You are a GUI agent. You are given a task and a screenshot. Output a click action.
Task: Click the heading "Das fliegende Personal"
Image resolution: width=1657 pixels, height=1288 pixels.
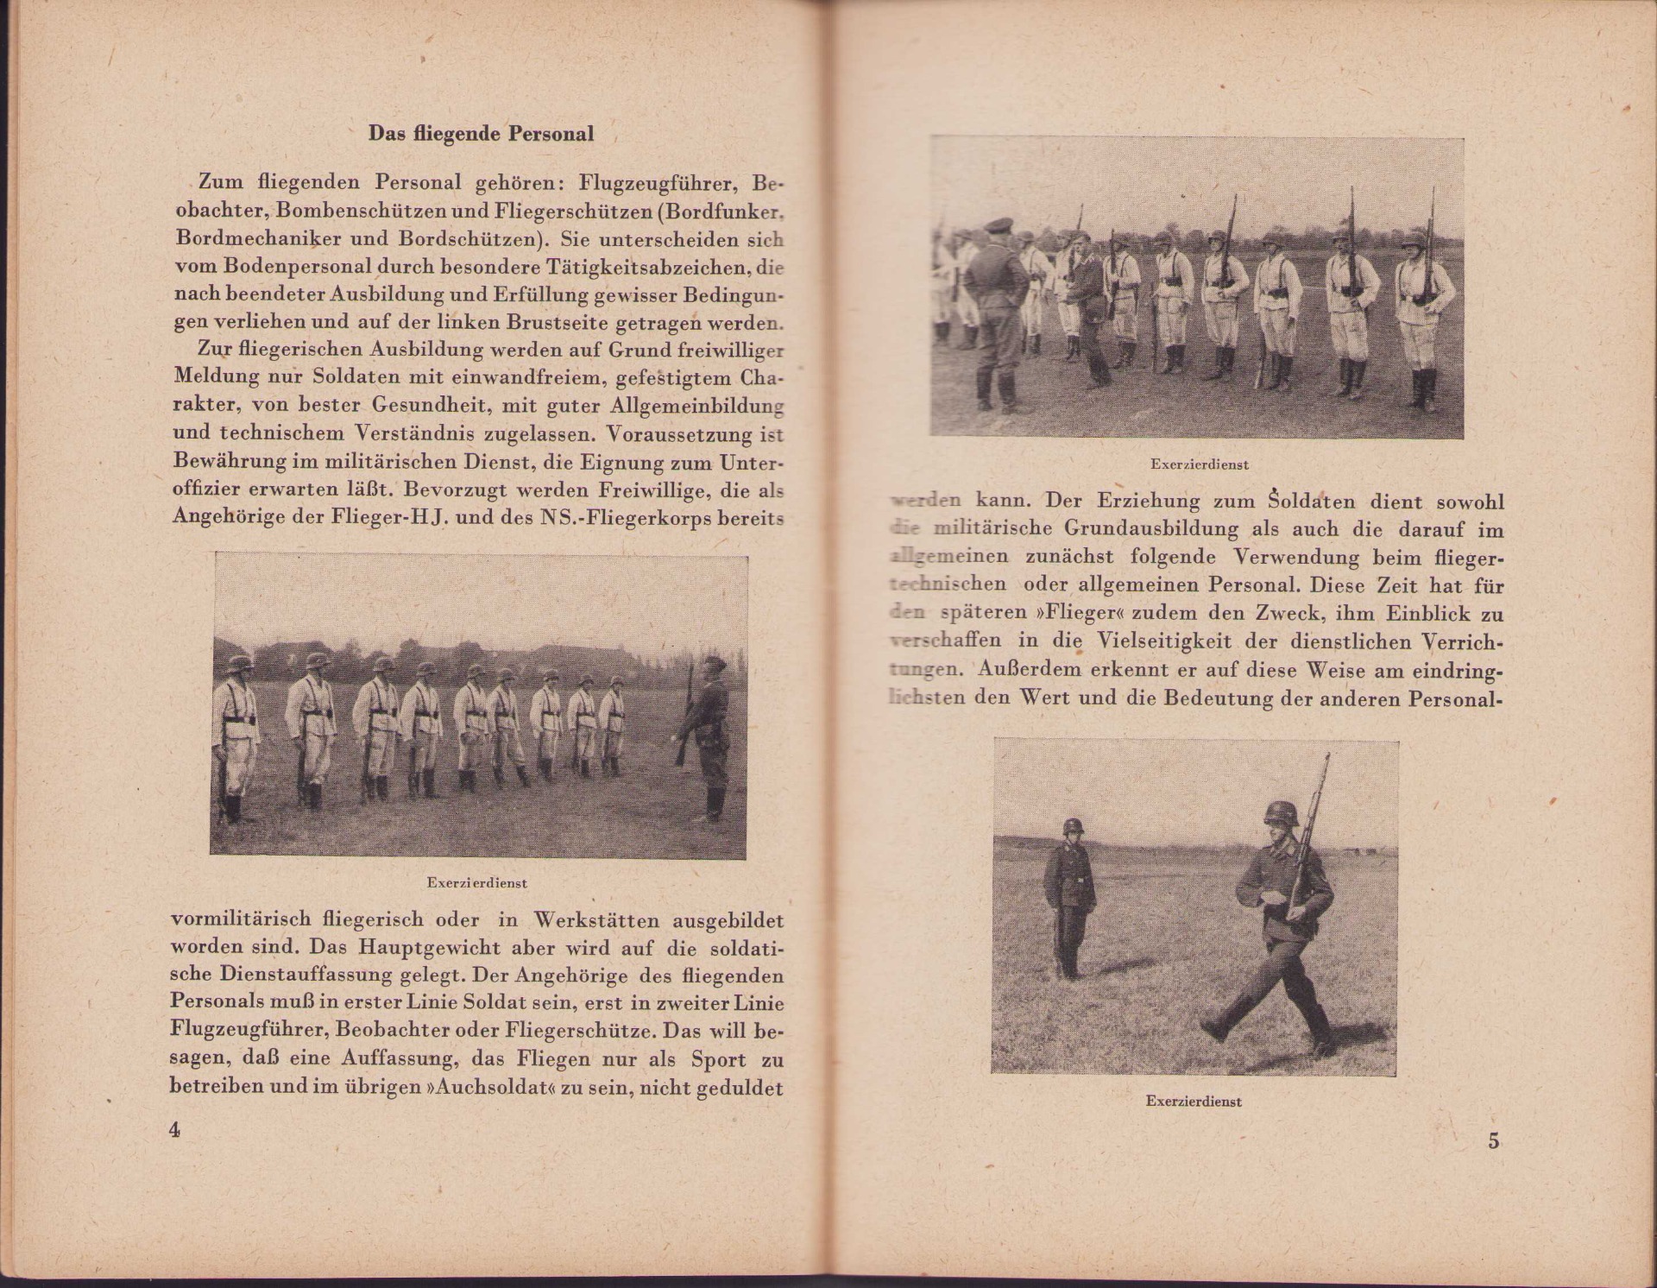pyautogui.click(x=481, y=134)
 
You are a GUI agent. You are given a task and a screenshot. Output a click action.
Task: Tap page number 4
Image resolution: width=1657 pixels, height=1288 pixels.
pyautogui.click(x=175, y=1130)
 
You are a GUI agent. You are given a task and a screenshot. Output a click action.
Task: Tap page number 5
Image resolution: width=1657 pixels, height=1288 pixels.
pyautogui.click(x=1493, y=1140)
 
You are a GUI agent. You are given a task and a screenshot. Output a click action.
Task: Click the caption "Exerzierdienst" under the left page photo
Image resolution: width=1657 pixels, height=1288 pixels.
pyautogui.click(x=476, y=883)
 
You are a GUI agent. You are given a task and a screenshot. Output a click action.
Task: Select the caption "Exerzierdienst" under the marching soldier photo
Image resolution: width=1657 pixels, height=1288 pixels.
pyautogui.click(x=1194, y=1102)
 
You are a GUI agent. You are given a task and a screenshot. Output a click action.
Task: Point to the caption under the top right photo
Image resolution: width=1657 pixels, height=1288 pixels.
pyautogui.click(x=1199, y=464)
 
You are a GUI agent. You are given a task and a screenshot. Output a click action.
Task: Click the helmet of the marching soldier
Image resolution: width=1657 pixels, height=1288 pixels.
pyautogui.click(x=1280, y=815)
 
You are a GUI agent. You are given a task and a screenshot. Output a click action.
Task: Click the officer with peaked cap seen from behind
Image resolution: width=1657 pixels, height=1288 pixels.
pyautogui.click(x=996, y=311)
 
